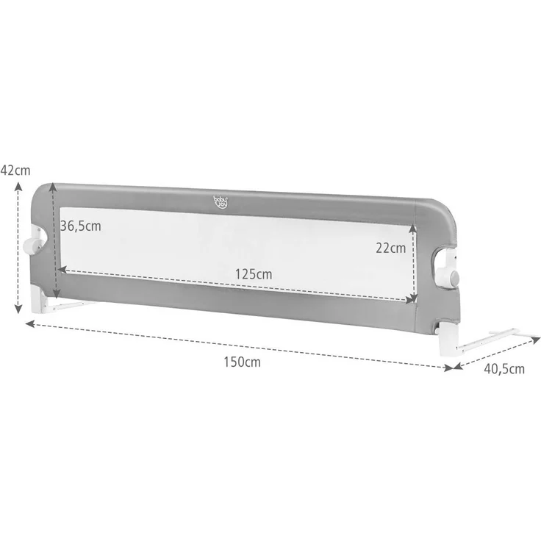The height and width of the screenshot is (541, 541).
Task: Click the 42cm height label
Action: point(15,170)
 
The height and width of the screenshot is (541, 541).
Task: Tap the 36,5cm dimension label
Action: point(81,226)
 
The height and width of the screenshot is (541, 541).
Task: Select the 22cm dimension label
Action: point(390,248)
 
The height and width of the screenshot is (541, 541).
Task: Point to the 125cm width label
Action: point(254,273)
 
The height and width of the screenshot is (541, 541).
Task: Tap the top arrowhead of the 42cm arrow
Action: point(18,185)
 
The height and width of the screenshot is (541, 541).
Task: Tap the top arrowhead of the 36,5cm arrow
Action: point(53,187)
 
